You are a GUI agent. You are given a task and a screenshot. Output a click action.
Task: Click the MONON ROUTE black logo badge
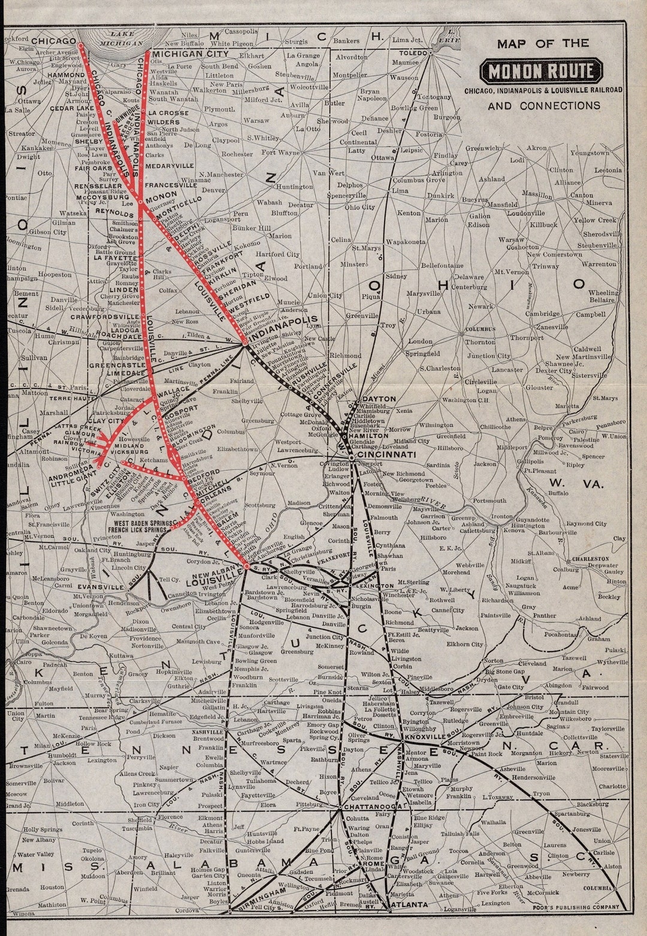[543, 72]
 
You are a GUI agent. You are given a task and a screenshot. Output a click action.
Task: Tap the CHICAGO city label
[53, 41]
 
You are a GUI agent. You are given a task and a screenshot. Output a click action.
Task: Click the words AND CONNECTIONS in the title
[543, 106]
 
